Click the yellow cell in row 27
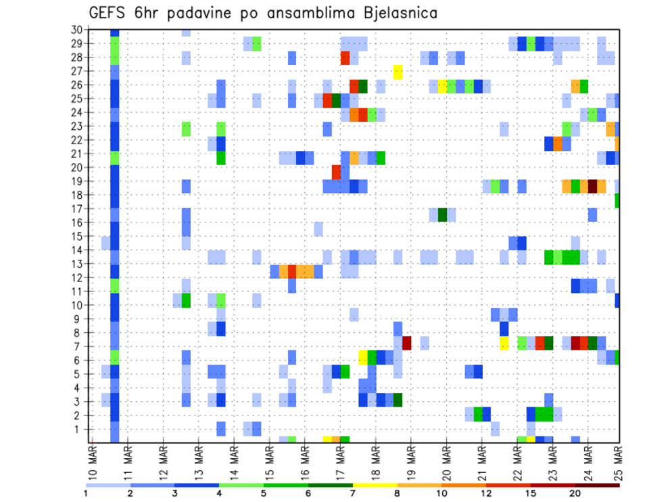[x=398, y=71]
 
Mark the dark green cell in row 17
[x=442, y=214]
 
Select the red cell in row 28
[x=345, y=58]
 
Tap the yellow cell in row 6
[x=363, y=357]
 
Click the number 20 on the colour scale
[x=575, y=493]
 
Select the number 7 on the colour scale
[x=354, y=493]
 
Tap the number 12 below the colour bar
[x=486, y=493]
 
